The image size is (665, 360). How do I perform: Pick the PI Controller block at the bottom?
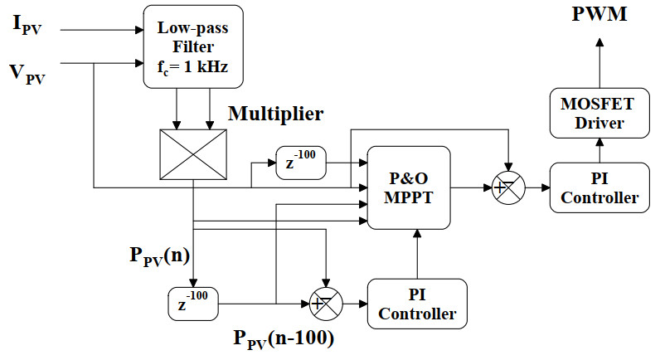click(417, 304)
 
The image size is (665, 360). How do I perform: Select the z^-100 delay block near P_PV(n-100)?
click(192, 304)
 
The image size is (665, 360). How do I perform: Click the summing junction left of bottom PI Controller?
click(324, 304)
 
